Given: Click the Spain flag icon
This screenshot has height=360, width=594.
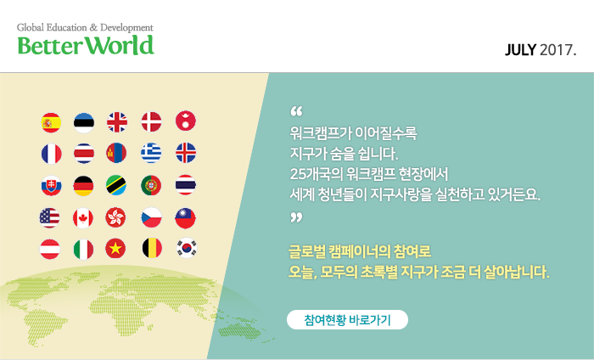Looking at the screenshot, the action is [51, 123].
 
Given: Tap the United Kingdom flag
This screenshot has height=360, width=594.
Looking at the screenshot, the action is [117, 122].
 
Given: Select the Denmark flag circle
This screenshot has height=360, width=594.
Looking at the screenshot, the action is [152, 122].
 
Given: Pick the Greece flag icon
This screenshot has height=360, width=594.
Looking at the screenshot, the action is [151, 153].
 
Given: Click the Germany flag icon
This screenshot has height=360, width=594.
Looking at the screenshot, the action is [83, 186].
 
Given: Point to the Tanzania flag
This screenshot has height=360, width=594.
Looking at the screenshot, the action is [116, 185].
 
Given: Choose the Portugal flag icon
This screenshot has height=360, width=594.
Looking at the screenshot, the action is [151, 185].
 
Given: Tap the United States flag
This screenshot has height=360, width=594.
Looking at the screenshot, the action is [49, 218].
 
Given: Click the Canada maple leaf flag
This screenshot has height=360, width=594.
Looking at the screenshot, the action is [83, 218].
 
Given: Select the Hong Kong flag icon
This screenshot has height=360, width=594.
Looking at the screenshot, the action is [115, 217].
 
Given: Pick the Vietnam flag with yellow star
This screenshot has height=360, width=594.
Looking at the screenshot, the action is [115, 249].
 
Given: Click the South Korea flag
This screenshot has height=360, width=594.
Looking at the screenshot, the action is [187, 248].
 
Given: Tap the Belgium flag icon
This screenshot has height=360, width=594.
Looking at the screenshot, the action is [152, 248].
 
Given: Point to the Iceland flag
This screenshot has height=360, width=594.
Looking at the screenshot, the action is [186, 153].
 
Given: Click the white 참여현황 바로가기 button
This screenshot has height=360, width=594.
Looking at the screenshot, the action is [347, 320].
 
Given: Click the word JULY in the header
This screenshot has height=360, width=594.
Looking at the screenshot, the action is [520, 50].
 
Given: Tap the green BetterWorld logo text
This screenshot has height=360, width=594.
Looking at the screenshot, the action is [86, 46].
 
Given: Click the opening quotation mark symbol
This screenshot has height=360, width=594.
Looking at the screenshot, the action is [297, 111].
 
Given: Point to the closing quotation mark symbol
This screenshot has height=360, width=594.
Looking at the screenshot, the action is [297, 217].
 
